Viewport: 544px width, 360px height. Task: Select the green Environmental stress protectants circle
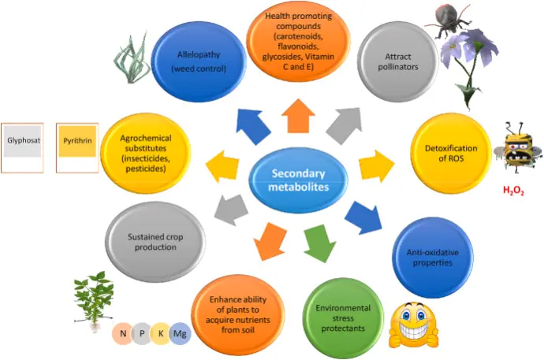(339, 313)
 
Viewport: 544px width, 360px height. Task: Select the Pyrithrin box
(76, 147)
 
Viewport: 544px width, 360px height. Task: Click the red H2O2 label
(514, 190)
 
